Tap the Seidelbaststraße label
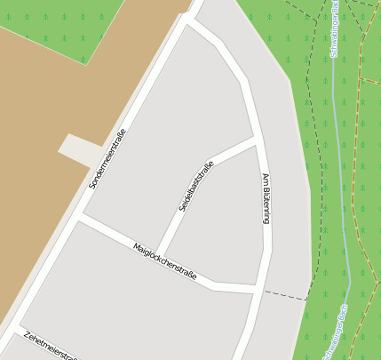click(196, 186)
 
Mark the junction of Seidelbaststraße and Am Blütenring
click(258, 140)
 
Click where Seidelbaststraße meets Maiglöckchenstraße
click(158, 255)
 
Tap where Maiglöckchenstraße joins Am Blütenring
click(258, 290)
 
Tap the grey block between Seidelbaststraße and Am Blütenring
click(222, 222)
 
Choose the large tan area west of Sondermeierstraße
click(44, 178)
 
